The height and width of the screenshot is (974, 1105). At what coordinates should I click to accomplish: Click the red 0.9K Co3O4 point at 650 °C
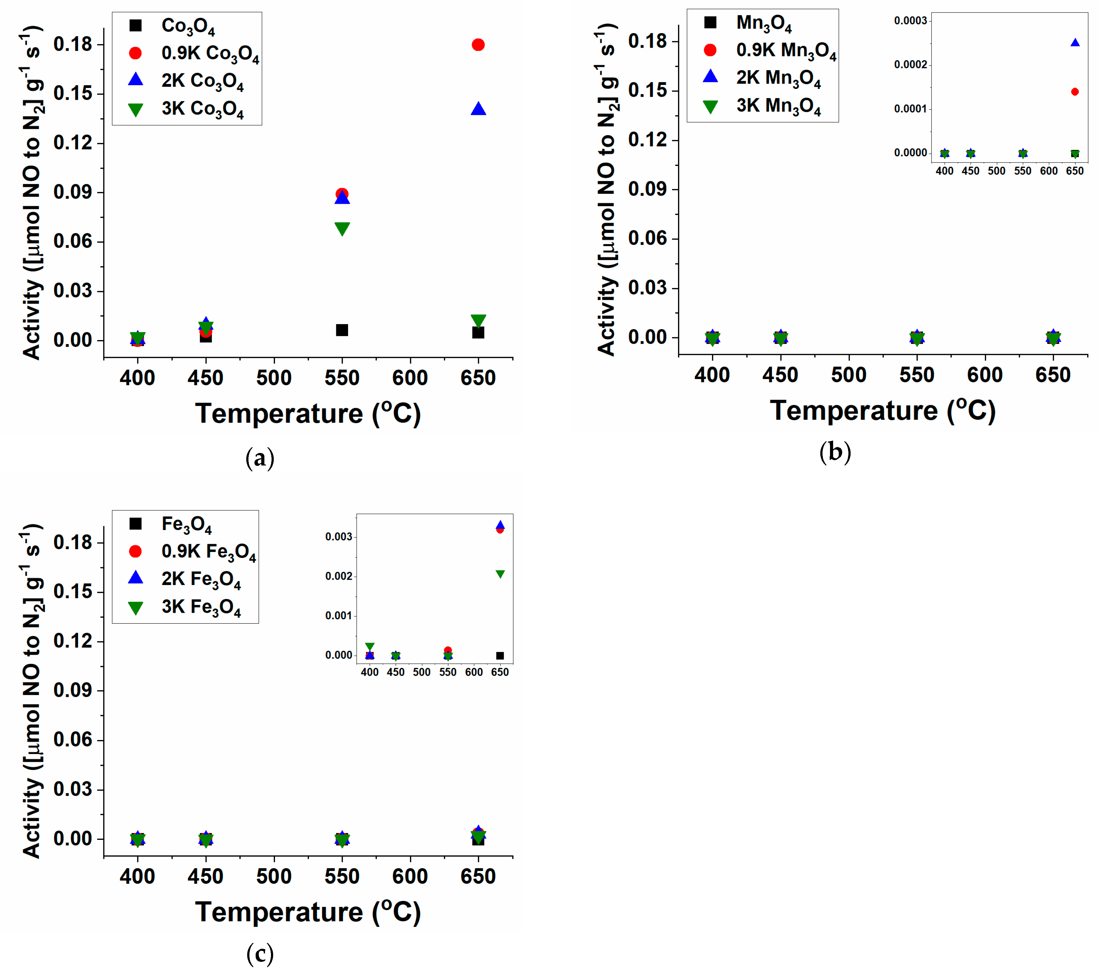click(478, 45)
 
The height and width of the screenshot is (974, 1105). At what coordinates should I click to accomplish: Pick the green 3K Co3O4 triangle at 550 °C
click(342, 228)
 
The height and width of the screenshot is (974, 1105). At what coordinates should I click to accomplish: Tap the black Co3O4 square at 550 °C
click(342, 330)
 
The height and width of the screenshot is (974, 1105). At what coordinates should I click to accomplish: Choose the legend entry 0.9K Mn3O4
click(785, 50)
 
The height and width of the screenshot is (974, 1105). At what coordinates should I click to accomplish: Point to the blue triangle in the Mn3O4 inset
click(1075, 43)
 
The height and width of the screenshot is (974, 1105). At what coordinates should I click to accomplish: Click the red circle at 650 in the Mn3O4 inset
click(1075, 92)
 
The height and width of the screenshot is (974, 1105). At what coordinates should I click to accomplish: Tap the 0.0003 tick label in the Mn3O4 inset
click(911, 21)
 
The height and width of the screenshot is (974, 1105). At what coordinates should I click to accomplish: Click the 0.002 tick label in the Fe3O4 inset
click(338, 577)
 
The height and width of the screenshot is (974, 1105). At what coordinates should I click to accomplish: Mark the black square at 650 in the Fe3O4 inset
click(500, 656)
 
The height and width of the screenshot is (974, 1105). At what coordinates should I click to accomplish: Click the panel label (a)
click(260, 459)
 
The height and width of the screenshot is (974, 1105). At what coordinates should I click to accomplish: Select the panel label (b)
click(835, 452)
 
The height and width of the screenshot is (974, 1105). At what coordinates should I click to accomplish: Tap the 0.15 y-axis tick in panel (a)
click(72, 94)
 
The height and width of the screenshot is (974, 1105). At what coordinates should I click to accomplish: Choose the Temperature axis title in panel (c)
click(307, 913)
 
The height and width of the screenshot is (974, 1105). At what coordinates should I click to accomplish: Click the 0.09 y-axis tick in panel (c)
click(72, 690)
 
